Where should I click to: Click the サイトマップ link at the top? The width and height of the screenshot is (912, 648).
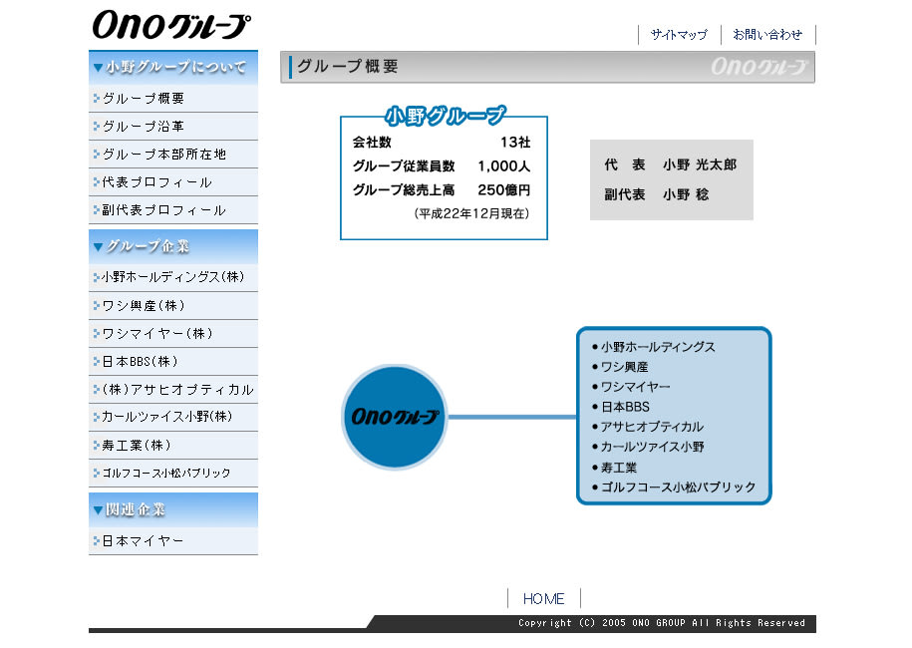679,35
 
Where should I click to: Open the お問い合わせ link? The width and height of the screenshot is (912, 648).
767,35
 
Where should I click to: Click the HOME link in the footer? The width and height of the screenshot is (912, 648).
543,599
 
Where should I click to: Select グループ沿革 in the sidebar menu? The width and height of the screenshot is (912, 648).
144,127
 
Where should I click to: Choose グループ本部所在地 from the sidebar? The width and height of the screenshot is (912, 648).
164,155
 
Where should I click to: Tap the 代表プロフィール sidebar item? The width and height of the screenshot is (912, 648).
157,182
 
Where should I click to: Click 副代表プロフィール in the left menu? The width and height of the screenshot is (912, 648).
164,210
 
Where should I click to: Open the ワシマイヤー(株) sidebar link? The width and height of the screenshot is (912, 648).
157,334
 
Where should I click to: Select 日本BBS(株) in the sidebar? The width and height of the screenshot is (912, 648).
141,362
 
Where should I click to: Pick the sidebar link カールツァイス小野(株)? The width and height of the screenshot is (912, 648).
167,417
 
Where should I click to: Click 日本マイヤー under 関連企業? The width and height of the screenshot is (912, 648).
144,541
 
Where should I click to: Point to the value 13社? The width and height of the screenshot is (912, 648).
515,143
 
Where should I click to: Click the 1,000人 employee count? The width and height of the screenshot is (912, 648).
503,166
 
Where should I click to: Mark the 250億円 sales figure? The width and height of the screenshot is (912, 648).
503,190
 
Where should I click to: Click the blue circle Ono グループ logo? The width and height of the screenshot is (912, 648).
394,417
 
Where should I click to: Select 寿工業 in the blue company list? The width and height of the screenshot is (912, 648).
619,468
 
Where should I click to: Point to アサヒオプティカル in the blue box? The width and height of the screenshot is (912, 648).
652,427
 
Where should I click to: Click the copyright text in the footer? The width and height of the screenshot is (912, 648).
661,623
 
